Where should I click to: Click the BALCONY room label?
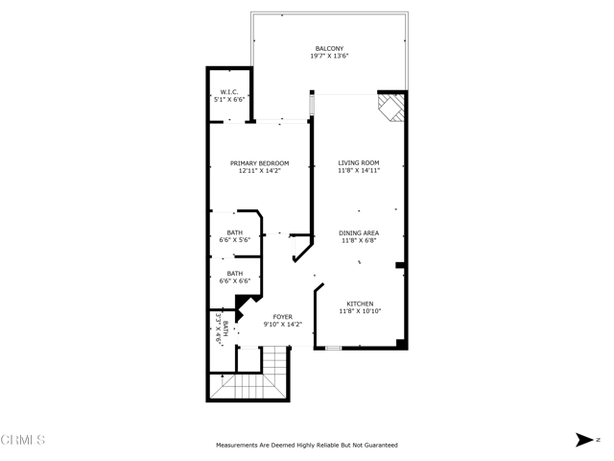pos(329,49)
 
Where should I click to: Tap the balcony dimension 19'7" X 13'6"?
pos(329,56)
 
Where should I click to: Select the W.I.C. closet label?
pos(229,92)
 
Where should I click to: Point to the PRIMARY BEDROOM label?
pos(260,163)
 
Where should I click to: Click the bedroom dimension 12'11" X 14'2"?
pos(260,171)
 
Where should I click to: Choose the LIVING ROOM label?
pos(359,162)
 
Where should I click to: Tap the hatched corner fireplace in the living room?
pos(390,108)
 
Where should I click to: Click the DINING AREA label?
pos(359,233)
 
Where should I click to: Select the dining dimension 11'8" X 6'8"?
pos(359,241)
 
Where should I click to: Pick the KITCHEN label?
pos(360,303)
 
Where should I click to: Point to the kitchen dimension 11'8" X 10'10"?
pos(360,311)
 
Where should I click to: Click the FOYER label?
pos(283,317)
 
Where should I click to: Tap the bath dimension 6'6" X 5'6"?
pos(234,240)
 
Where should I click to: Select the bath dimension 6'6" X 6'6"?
pos(234,280)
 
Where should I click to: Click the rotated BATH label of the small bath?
pos(225,328)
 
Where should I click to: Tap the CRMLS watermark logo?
pos(23,440)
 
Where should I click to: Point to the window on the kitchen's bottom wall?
pos(333,348)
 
